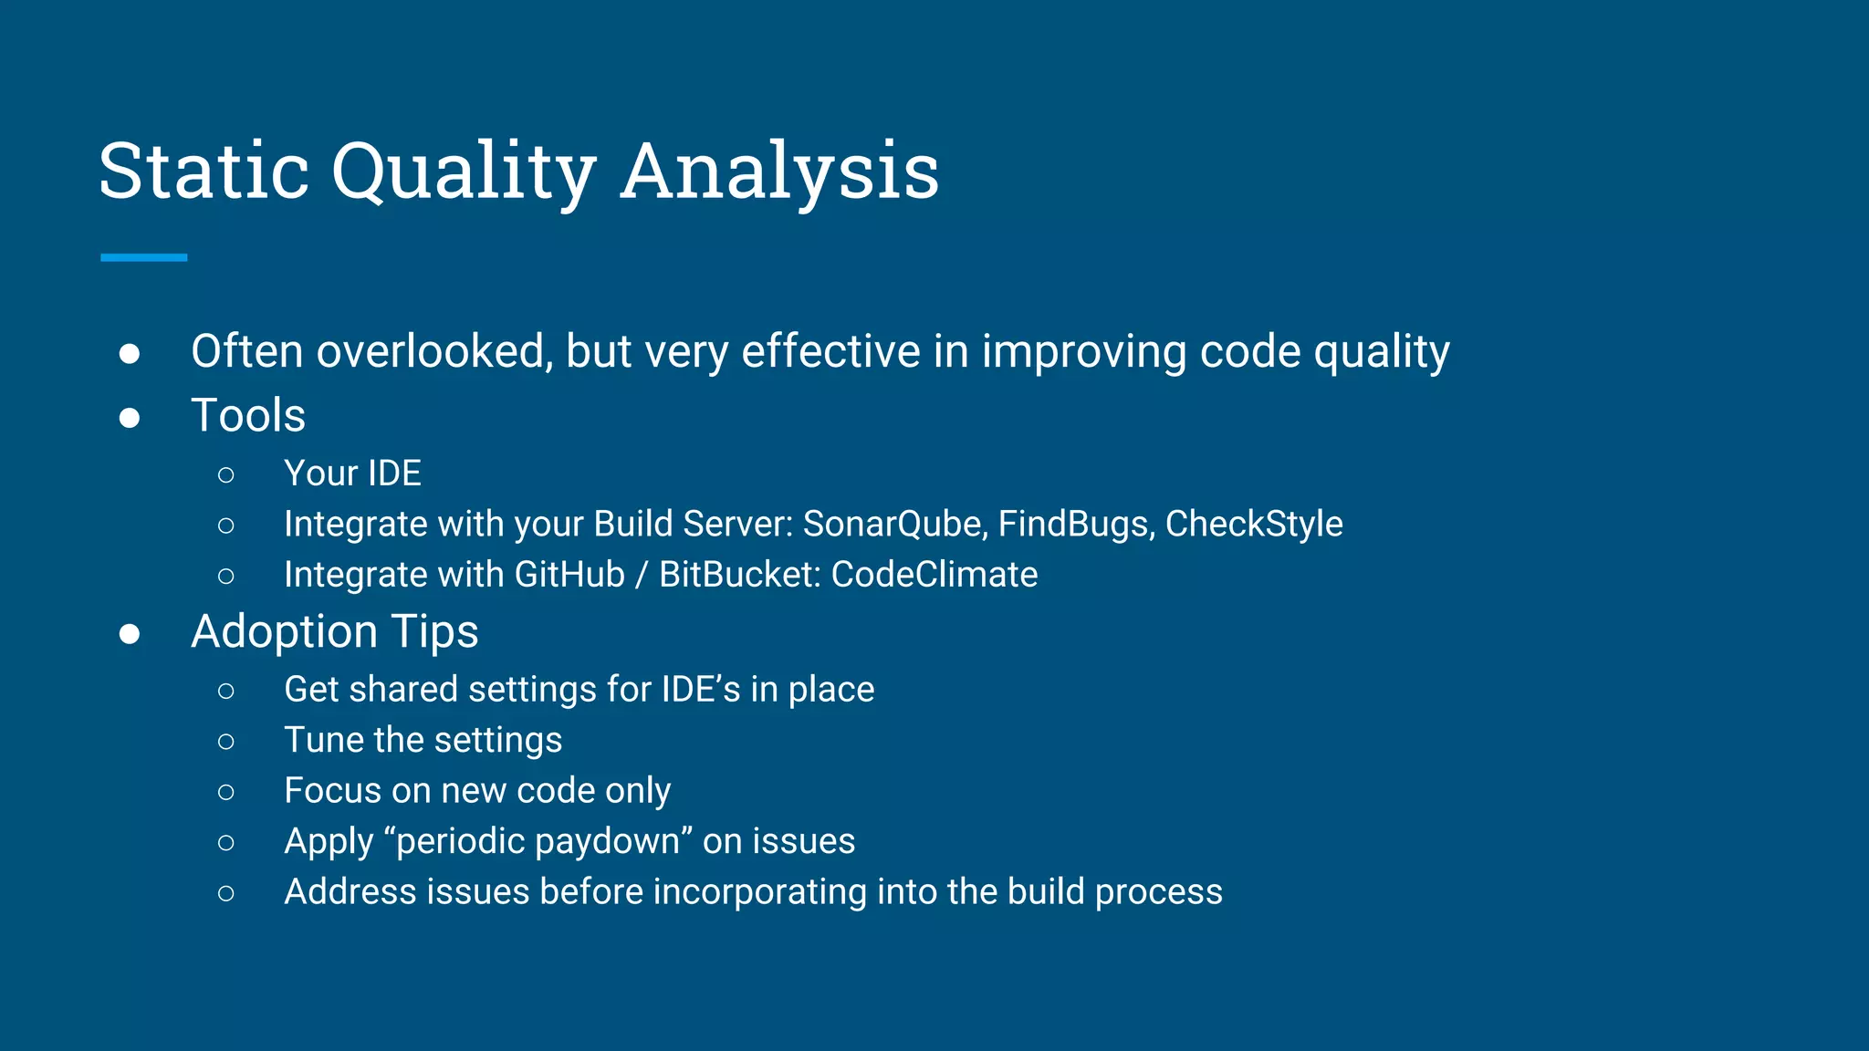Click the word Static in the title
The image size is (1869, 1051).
[204, 171]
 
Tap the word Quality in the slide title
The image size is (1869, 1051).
[464, 171]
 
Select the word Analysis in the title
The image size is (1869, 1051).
[779, 171]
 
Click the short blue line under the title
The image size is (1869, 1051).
[143, 258]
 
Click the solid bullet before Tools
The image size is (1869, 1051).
[130, 417]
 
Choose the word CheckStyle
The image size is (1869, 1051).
[1254, 524]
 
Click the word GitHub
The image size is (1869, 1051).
[569, 575]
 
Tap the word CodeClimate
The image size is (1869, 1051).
[934, 575]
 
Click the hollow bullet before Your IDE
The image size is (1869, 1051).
[226, 474]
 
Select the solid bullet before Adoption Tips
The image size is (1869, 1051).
[130, 633]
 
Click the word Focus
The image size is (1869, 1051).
[332, 790]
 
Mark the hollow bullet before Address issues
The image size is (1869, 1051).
[226, 893]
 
